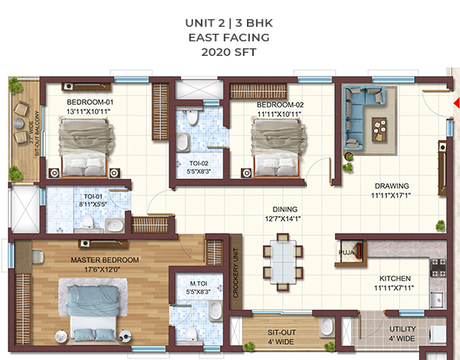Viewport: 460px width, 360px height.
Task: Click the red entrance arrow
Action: coord(457,103)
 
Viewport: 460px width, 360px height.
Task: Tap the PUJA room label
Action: coord(347,253)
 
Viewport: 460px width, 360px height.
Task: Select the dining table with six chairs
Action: coord(282,262)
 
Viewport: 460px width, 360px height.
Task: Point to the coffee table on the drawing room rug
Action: coord(379,129)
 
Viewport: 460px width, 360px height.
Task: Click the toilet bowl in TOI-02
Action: coord(192,116)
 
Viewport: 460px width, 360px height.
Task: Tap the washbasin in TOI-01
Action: coord(114,225)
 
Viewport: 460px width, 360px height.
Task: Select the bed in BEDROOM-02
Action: coord(278,148)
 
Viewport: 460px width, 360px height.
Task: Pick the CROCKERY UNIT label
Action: coord(235,273)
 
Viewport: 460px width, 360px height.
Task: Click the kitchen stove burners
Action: coord(438,268)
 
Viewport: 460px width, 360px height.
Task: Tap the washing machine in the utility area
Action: coord(438,334)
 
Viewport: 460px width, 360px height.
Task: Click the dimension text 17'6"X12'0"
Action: coord(103,270)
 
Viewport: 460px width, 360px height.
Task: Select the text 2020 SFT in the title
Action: coord(228,52)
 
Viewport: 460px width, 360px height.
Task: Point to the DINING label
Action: coord(285,209)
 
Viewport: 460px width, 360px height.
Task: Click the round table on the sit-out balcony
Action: coord(19,123)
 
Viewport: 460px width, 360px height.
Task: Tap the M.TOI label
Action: coord(199,283)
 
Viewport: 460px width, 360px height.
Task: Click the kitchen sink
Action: coord(438,299)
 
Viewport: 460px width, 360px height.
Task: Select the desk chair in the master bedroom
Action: coord(38,257)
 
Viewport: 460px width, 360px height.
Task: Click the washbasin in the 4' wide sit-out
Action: coord(327,326)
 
